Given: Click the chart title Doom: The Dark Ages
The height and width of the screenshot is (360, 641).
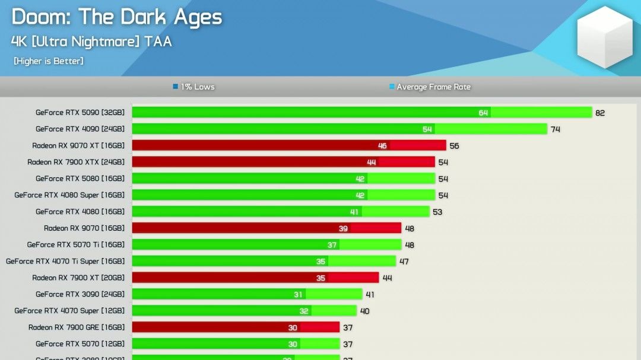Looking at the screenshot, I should click(x=117, y=17).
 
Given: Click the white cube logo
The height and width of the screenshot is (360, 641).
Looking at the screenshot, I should click(x=605, y=37).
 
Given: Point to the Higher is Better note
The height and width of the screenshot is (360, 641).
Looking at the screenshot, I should click(x=49, y=61).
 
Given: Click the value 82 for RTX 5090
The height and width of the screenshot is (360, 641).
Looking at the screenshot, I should click(x=600, y=113).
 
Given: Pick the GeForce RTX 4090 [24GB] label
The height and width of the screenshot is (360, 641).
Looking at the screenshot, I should click(x=80, y=129).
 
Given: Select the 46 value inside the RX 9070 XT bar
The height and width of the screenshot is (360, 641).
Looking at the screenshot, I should click(x=382, y=146).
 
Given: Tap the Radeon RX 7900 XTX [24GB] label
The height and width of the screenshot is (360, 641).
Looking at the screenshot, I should click(x=76, y=162).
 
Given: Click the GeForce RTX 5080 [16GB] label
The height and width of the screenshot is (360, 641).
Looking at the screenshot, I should click(x=80, y=179).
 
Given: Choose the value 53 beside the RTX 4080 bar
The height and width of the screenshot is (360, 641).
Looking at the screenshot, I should click(x=437, y=212).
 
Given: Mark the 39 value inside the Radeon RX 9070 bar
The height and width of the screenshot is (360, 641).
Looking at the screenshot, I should click(x=343, y=228).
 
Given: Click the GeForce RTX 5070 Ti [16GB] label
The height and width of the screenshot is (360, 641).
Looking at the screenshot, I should click(x=76, y=244).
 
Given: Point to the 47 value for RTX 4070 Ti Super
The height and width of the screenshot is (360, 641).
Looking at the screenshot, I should click(x=404, y=262).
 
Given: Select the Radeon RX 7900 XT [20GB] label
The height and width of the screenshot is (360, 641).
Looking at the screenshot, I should click(x=78, y=278).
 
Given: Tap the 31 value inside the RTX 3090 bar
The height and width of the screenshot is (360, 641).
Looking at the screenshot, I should click(x=298, y=294).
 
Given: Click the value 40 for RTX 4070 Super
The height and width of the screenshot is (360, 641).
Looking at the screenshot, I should click(x=364, y=311).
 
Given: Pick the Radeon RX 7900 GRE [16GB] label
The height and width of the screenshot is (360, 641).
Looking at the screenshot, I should click(x=77, y=327).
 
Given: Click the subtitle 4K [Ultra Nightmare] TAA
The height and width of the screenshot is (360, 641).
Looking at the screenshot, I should click(x=91, y=42).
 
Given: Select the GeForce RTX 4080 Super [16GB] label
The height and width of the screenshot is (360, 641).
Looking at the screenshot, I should click(x=69, y=195).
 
